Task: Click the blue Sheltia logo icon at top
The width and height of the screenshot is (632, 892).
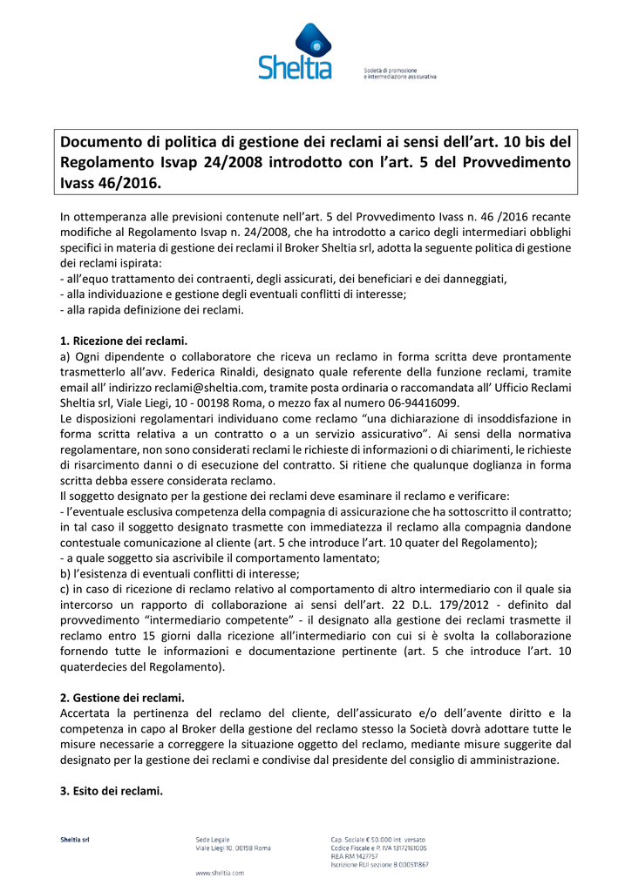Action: [x=314, y=40]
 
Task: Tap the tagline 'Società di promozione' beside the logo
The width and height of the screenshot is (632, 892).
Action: [x=390, y=70]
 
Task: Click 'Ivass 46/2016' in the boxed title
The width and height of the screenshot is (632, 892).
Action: [x=111, y=183]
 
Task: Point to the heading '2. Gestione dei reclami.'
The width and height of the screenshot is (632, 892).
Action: [x=122, y=698]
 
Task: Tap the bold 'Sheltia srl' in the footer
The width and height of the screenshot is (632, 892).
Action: [x=75, y=840]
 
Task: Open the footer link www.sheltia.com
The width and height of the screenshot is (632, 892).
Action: [x=220, y=872]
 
